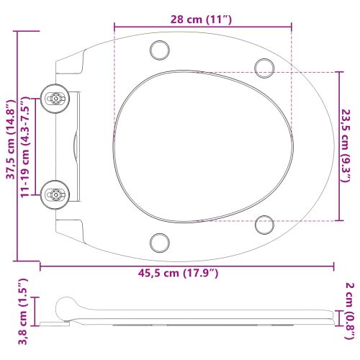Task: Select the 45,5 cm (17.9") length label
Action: coord(186,273)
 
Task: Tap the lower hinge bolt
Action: coord(54,192)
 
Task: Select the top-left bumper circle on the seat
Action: coord(158,50)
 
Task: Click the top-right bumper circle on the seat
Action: coord(264,66)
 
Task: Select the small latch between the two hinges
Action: coord(76,144)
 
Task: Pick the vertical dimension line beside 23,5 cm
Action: coord(339,145)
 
